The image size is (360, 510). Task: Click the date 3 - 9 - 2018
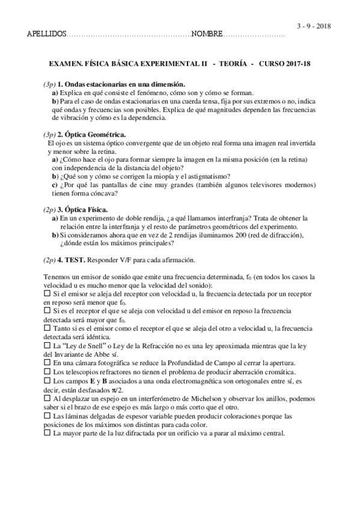[x=314, y=26]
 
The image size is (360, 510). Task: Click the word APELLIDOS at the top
[x=47, y=34]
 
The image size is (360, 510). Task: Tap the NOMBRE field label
[x=207, y=34]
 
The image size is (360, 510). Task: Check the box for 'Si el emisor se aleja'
[x=47, y=292]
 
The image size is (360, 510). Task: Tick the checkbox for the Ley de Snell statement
[x=47, y=346]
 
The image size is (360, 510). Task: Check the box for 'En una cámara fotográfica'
[x=47, y=363]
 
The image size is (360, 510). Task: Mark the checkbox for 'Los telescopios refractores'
[x=47, y=372]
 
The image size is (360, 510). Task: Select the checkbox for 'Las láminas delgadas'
[x=47, y=416]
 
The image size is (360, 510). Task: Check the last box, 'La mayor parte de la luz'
[x=47, y=433]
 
